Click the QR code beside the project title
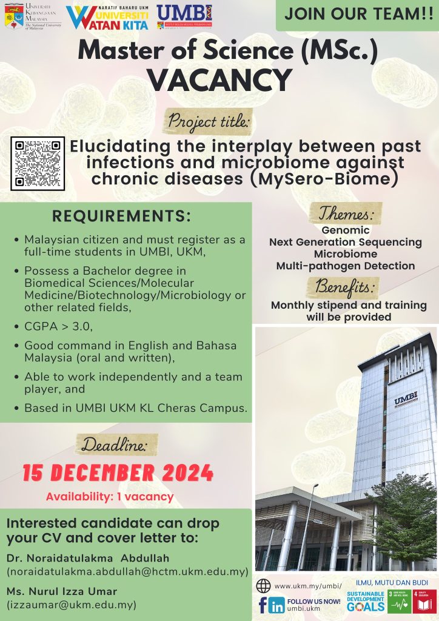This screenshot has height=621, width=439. (x=38, y=163)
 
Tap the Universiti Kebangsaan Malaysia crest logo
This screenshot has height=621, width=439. (x=10, y=16)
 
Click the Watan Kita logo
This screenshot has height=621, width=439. (x=108, y=18)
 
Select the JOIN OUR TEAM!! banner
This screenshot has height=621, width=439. (x=357, y=15)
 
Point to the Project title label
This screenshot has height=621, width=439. (x=209, y=121)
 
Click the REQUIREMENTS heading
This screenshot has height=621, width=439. (x=122, y=217)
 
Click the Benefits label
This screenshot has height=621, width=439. (x=346, y=286)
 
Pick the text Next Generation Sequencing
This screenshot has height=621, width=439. (x=346, y=242)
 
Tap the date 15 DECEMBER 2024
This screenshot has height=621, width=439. (x=118, y=472)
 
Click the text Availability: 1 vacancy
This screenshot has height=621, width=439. (x=110, y=497)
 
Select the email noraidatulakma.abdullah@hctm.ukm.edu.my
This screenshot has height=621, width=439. (x=127, y=572)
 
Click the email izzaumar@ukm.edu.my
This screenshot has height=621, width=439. (x=71, y=605)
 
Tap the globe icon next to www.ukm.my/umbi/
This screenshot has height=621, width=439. (x=263, y=586)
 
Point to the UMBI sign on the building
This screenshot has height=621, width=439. (x=406, y=401)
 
